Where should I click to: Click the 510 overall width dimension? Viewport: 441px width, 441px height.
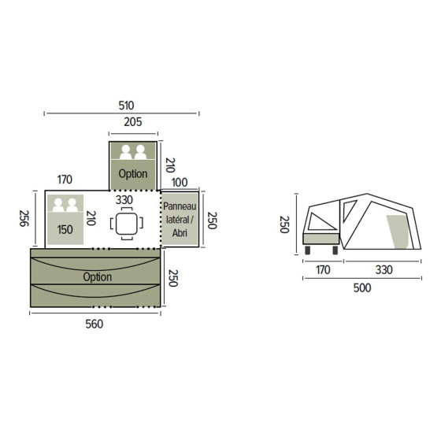pos(125,105)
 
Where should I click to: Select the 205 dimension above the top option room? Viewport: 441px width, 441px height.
pos(133,121)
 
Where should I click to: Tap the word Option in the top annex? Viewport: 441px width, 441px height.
pos(133,173)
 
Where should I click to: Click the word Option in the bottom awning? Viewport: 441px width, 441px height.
pos(97,277)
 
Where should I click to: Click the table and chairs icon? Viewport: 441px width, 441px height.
pos(126,224)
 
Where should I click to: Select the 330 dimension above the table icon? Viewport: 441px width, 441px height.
pos(124,201)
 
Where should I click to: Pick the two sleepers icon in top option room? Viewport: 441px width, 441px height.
pos(132,152)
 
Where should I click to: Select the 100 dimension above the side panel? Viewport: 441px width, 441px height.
pos(180,183)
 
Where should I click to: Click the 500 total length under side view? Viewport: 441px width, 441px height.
pos(361,287)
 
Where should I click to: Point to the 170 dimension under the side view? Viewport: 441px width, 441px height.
pos(322,270)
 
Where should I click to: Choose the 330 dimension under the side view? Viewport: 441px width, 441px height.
pos(382,270)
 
